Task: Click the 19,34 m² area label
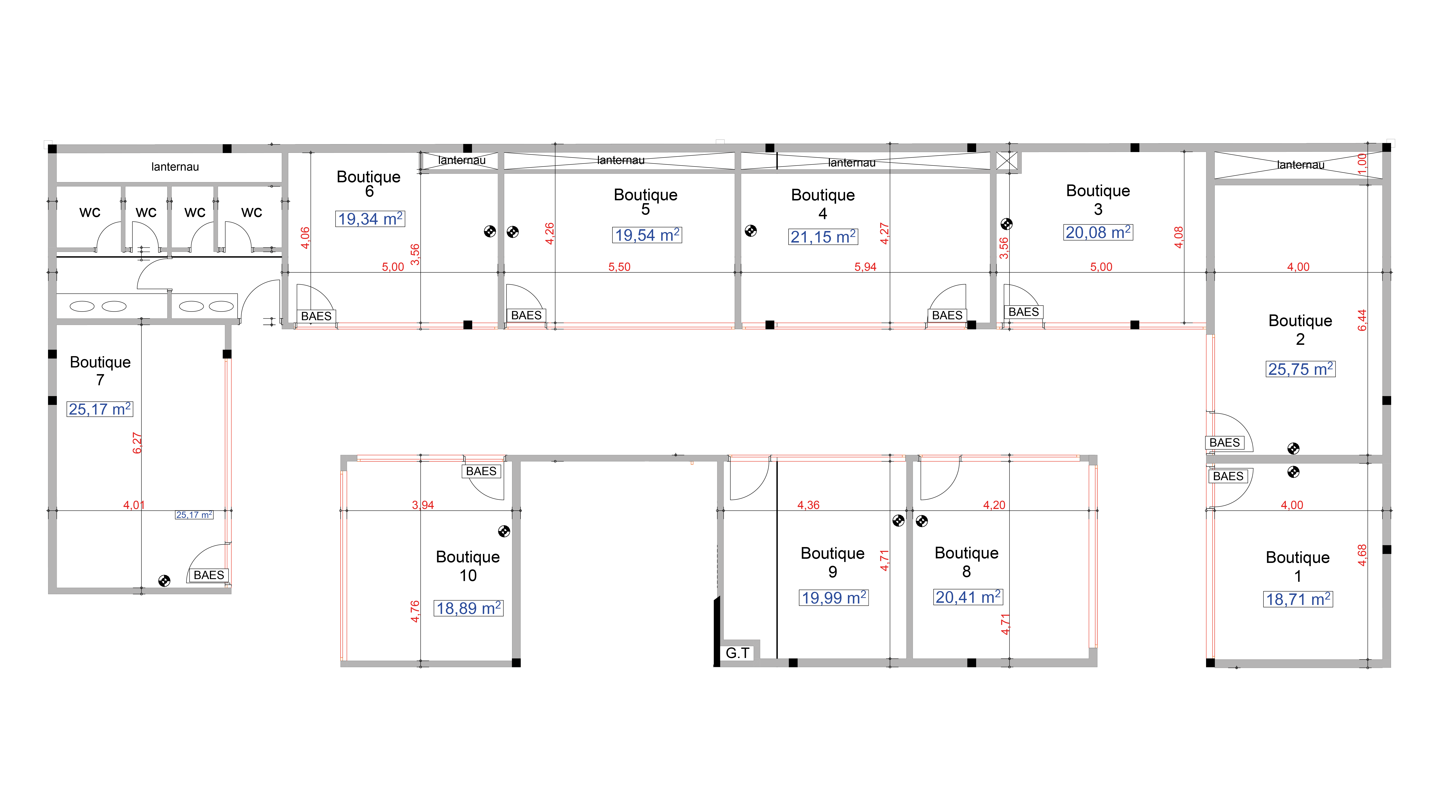370,218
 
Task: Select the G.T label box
737,653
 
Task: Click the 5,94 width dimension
865,267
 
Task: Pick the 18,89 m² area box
469,608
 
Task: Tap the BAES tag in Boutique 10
481,471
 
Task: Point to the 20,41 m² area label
968,597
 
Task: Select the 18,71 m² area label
1298,599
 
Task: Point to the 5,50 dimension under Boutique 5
619,267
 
